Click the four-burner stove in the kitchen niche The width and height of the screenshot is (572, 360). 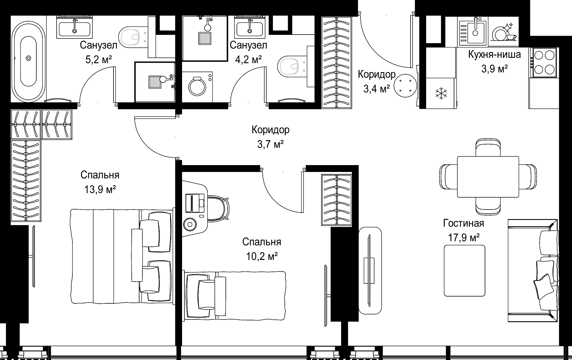click(543, 63)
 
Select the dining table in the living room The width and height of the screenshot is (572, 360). click(488, 176)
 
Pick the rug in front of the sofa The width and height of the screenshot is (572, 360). click(464, 271)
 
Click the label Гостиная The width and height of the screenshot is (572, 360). click(464, 223)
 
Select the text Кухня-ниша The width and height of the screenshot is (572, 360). click(495, 55)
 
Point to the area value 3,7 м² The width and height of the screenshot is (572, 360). click(270, 145)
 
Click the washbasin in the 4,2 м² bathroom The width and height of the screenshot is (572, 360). click(250, 27)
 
